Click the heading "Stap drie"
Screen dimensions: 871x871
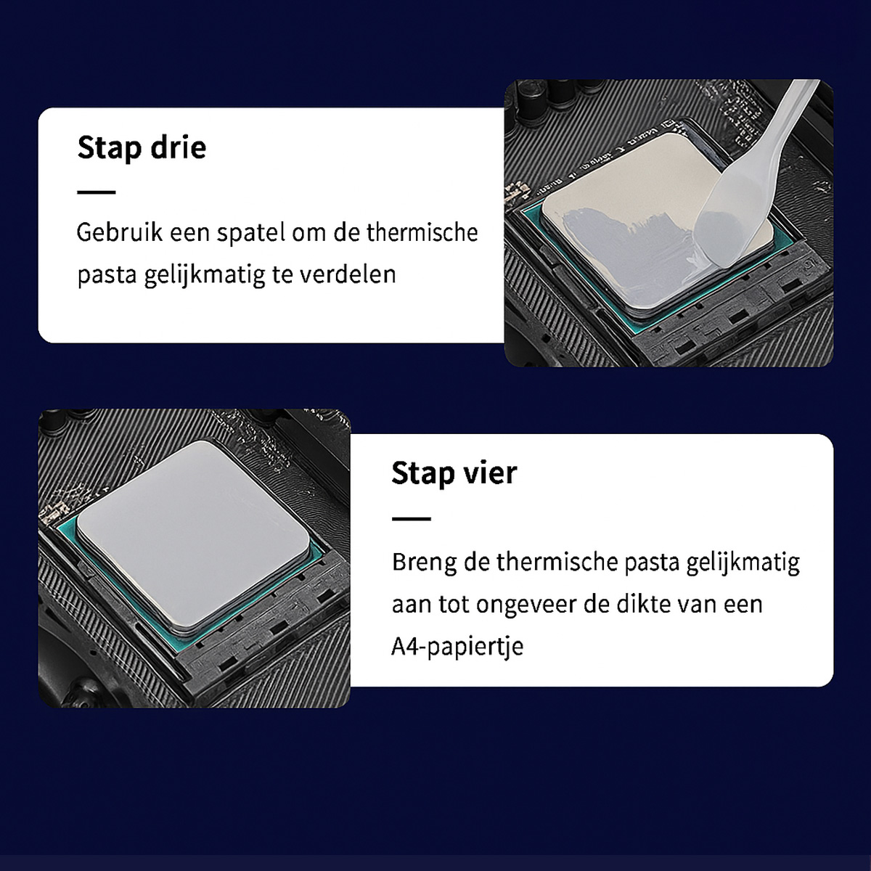pyautogui.click(x=142, y=147)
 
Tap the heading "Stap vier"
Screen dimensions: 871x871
pyautogui.click(x=454, y=473)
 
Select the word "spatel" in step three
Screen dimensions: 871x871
pyautogui.click(x=251, y=233)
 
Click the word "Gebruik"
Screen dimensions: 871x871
pyautogui.click(x=119, y=232)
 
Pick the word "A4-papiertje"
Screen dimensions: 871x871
pyautogui.click(x=457, y=647)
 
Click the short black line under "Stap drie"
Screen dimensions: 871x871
pyautogui.click(x=97, y=192)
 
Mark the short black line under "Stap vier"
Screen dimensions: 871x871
pyautogui.click(x=411, y=518)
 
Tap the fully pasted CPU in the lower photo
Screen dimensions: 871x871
pyautogui.click(x=194, y=536)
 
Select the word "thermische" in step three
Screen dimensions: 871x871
pyautogui.click(x=422, y=232)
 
